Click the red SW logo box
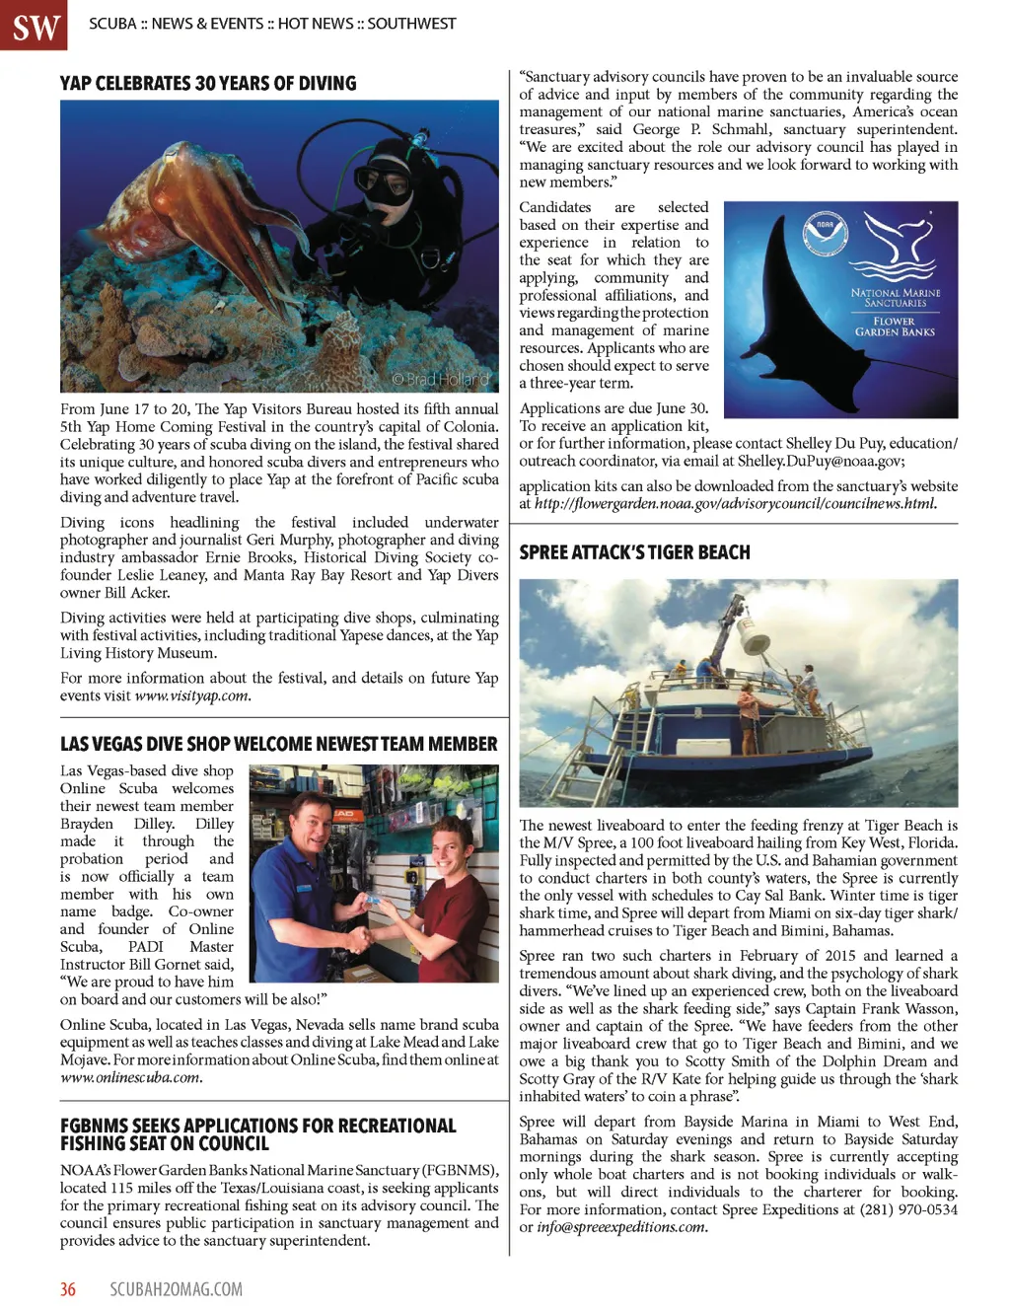pyautogui.click(x=34, y=25)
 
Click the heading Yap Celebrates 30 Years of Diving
pyautogui.click(x=208, y=84)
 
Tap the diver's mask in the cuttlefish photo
pyautogui.click(x=382, y=182)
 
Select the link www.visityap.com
pyautogui.click(x=192, y=695)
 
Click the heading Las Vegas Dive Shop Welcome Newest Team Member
pyautogui.click(x=279, y=744)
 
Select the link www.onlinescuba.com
pyautogui.click(x=131, y=1077)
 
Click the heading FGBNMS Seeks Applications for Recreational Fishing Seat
pyautogui.click(x=258, y=1134)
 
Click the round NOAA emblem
pyautogui.click(x=825, y=225)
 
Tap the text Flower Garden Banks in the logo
pyautogui.click(x=895, y=327)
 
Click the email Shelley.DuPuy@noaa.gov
pyautogui.click(x=820, y=461)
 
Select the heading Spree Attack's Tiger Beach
pyautogui.click(x=634, y=552)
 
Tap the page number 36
pyautogui.click(x=68, y=1289)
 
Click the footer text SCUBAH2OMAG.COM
pyautogui.click(x=176, y=1289)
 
